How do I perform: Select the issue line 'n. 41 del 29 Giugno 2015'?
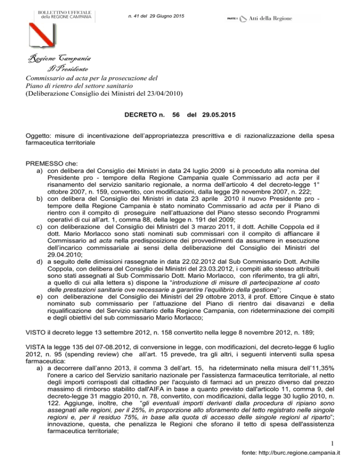point(156,17)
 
